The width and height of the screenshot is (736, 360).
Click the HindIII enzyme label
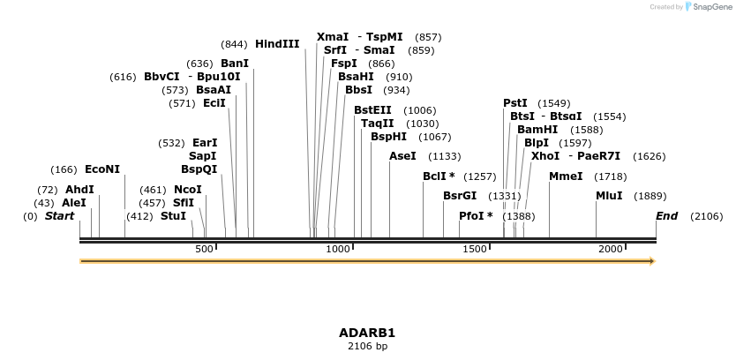click(277, 44)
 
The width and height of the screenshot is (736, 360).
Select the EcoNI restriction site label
click(102, 169)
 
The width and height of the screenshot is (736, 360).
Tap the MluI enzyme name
click(609, 196)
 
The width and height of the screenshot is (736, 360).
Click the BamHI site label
click(537, 130)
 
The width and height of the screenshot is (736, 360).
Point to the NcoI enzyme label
click(188, 190)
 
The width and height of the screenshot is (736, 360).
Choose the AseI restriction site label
click(402, 156)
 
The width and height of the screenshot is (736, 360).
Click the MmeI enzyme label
click(566, 176)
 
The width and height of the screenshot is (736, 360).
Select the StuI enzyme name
click(173, 216)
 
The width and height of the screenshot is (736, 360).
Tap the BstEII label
click(372, 110)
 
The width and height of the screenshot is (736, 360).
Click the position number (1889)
click(650, 196)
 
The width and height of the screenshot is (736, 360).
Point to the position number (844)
click(234, 44)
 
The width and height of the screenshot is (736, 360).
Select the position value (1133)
click(444, 156)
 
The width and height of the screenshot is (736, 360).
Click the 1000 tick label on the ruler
click(339, 250)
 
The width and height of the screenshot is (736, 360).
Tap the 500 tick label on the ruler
click(205, 250)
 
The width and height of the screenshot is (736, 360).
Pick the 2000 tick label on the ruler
click(611, 250)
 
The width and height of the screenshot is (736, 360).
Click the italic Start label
click(59, 216)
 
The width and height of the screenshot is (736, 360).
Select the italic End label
click(666, 216)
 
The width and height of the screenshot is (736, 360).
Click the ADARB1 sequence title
click(367, 333)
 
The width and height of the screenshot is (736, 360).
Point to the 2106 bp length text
click(367, 347)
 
